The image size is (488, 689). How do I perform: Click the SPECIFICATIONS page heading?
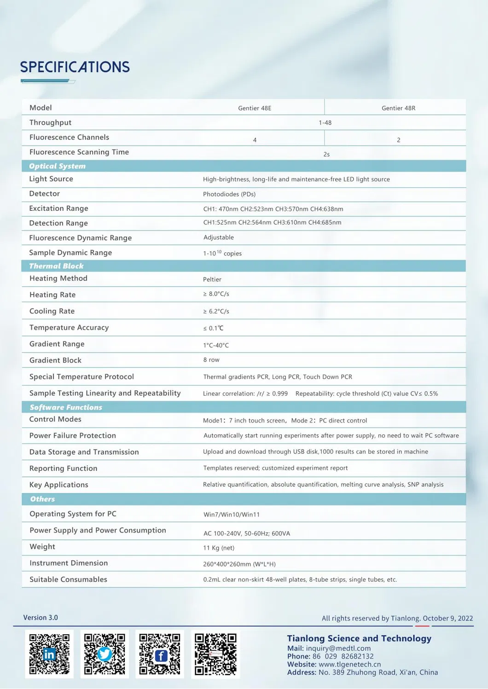pos(75,67)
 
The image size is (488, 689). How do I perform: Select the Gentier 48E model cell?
pos(255,108)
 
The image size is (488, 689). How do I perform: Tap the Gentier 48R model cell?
pos(398,108)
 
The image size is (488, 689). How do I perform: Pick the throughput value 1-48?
pos(325,123)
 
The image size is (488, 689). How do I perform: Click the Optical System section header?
pos(57,166)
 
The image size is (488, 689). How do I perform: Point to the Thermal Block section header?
pos(56,266)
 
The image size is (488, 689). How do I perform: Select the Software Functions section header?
pos(66,407)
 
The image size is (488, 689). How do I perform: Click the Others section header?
pos(42,499)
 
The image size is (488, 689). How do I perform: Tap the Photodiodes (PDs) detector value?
pos(229,194)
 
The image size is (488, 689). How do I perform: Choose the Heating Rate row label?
pos(52,295)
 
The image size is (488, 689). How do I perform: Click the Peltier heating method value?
pos(212,279)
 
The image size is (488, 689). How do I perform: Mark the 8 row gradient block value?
pos(211,360)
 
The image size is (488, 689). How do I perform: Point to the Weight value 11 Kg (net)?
pos(219,548)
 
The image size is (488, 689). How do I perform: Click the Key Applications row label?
pos(59,485)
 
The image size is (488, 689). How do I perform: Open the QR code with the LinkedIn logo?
pos(49,654)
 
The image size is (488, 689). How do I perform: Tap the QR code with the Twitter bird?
pos(105,654)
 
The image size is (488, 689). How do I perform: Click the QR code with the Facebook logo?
pos(160,654)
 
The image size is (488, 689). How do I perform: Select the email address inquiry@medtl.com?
pos(338,648)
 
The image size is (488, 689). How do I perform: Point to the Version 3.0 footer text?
pos(41,618)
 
